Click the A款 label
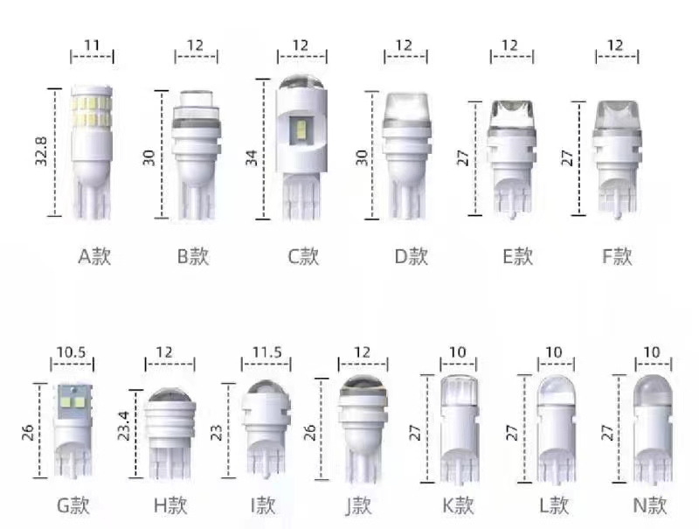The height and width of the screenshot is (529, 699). (x=94, y=256)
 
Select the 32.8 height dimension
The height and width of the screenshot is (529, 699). (x=41, y=151)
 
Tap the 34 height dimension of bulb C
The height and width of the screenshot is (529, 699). (x=252, y=158)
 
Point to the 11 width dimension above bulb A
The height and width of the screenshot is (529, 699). (x=92, y=45)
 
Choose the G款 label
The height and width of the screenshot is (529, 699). (x=73, y=505)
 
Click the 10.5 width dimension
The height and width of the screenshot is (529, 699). (x=72, y=352)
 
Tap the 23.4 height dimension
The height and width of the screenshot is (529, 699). (x=123, y=426)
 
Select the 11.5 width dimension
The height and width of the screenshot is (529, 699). (x=267, y=352)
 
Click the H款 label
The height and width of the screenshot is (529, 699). (x=170, y=505)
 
